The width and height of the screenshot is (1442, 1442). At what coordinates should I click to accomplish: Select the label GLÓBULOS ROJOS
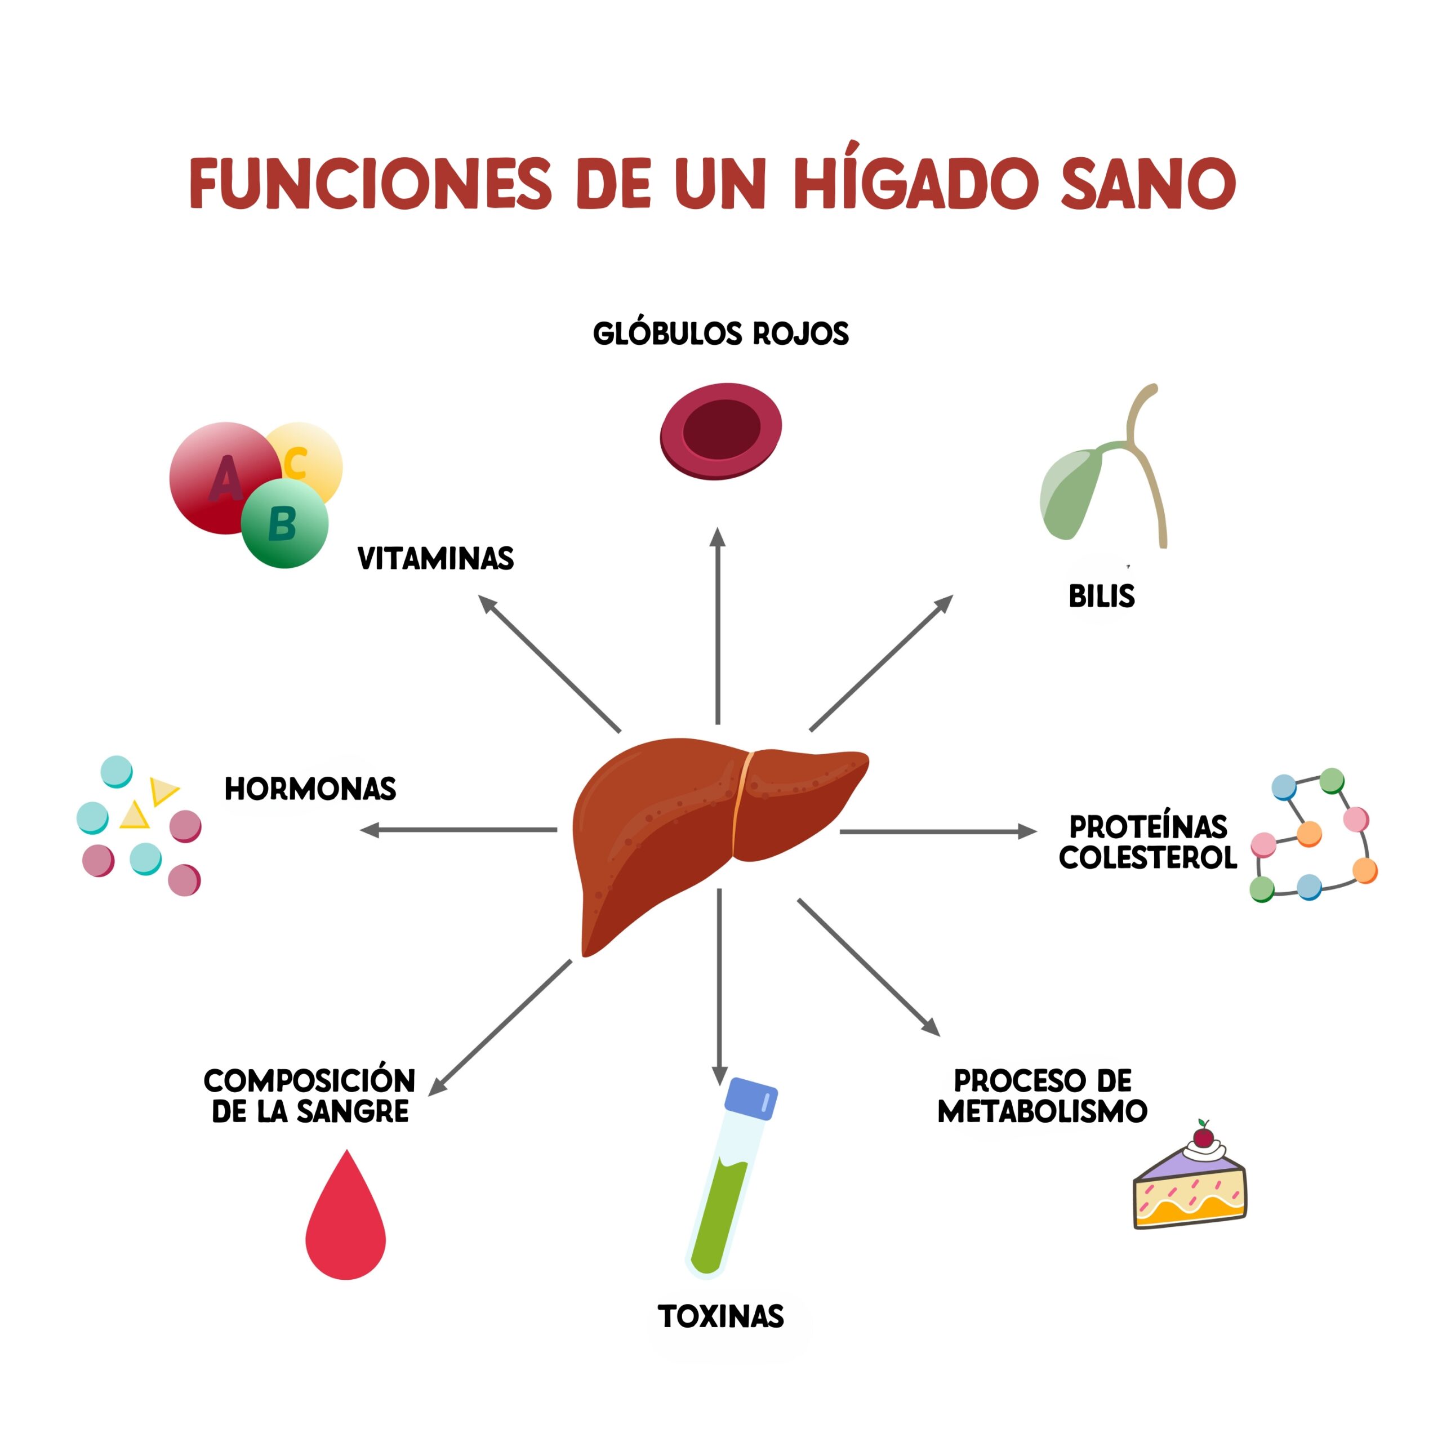pos(720,333)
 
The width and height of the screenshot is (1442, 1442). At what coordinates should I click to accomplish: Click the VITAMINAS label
pos(435,559)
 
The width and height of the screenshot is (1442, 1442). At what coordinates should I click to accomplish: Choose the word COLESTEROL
pos(1147,857)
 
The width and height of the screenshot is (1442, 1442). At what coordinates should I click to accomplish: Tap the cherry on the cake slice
pos(1203,1137)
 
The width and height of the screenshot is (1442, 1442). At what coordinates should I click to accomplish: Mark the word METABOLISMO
pos(1042,1111)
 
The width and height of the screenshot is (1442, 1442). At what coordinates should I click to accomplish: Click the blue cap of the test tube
pos(751,1098)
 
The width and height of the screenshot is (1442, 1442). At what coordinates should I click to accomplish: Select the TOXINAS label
pos(720,1316)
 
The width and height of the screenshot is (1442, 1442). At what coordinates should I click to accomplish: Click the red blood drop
pos(345,1224)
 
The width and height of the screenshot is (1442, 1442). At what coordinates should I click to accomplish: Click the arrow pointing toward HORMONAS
pos(459,830)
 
